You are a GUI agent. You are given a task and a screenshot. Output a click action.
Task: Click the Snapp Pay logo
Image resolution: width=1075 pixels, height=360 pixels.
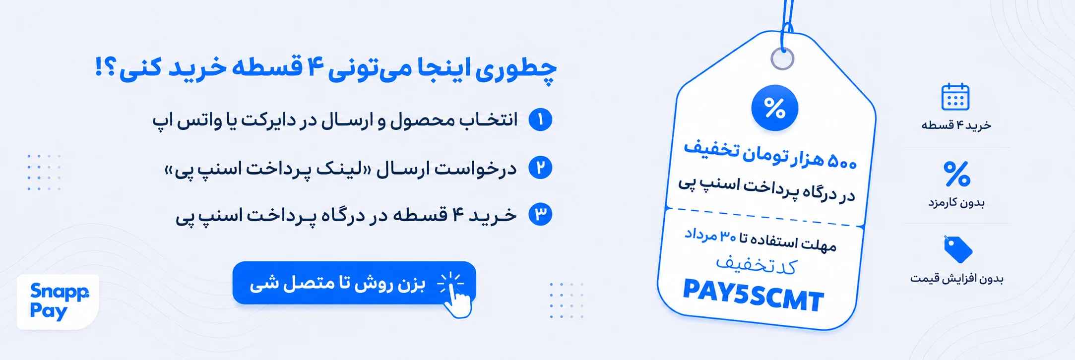(x=58, y=301)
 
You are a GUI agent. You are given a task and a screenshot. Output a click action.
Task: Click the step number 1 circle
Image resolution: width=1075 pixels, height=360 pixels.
(x=540, y=120)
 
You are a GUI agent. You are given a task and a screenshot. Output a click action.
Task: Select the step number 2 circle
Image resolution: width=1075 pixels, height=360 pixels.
(x=540, y=168)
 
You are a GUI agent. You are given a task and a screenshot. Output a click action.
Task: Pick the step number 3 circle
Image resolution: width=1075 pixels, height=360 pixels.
(x=540, y=214)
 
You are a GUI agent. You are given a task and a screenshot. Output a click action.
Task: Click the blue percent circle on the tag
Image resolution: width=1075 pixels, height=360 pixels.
(x=774, y=108)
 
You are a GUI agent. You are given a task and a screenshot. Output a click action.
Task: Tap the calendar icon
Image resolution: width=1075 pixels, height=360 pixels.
(x=955, y=97)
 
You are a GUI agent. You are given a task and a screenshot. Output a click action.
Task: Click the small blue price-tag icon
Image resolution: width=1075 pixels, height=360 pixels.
(x=958, y=249)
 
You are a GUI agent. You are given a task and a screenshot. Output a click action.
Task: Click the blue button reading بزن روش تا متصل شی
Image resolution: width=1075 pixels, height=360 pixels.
(x=354, y=283)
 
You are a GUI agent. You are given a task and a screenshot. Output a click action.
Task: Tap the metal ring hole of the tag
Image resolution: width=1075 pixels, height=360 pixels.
(x=782, y=59)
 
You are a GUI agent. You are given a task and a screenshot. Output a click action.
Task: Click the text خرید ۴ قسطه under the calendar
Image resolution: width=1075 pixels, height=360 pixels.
(x=956, y=125)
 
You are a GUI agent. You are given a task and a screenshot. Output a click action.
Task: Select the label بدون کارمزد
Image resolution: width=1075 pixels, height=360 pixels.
(x=956, y=202)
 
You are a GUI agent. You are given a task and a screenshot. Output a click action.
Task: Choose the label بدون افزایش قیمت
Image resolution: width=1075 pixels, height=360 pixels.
(x=956, y=279)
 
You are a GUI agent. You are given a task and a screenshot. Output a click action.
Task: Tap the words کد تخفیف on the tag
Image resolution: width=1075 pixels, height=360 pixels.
(x=756, y=265)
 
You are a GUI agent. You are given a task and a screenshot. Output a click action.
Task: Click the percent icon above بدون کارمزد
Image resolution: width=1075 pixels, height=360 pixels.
(x=957, y=174)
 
